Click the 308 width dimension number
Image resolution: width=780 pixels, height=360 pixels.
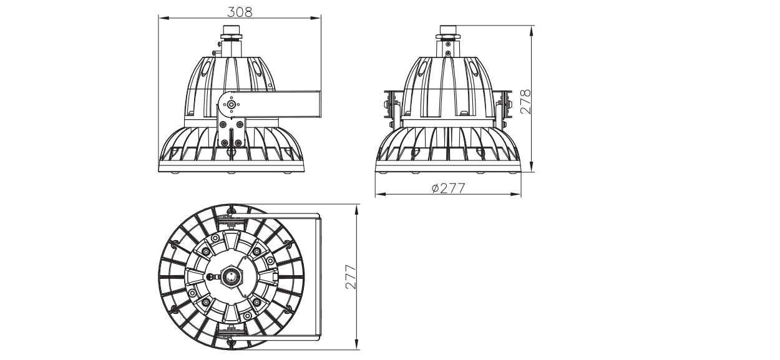(x=240, y=12)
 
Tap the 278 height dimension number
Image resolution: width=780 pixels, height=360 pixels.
(x=525, y=101)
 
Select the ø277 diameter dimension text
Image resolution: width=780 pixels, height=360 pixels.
(x=448, y=188)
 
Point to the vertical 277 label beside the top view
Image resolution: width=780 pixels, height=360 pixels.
(x=351, y=277)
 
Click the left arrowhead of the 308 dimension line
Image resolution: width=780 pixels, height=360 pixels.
(x=163, y=17)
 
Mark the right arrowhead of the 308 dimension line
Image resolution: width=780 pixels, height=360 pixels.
(x=316, y=17)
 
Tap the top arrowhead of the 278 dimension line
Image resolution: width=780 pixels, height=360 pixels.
(x=532, y=31)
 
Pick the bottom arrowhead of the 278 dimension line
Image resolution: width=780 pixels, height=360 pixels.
(x=532, y=167)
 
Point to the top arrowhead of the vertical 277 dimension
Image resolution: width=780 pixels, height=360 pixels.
(x=356, y=210)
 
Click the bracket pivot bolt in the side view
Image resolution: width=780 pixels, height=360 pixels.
(x=230, y=104)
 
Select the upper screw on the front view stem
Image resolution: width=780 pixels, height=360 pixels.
(x=448, y=44)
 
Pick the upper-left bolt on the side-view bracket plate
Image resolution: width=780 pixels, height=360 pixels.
(x=223, y=124)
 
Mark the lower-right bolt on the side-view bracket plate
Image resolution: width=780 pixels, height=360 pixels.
(x=238, y=143)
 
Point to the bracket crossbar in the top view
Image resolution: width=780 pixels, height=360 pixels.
(x=318, y=277)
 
